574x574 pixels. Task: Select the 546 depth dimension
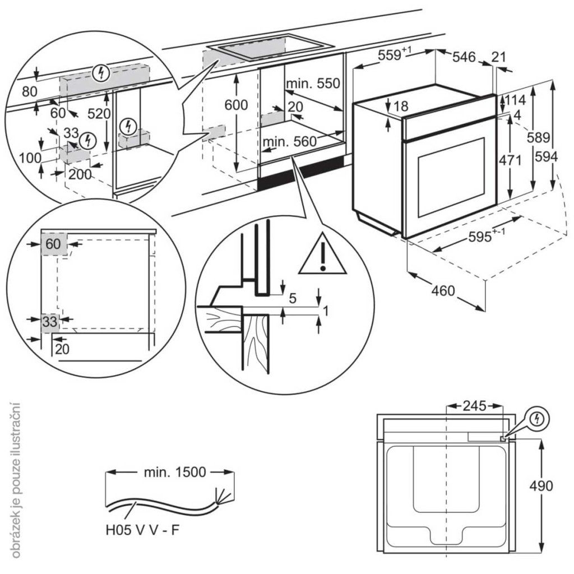point(464,57)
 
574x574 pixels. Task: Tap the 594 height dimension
point(546,158)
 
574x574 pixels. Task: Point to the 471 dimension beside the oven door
point(511,161)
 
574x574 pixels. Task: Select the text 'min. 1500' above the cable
point(166,472)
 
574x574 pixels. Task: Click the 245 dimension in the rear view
point(470,405)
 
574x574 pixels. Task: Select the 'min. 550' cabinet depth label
point(313,84)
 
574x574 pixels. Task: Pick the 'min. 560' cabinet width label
point(290,142)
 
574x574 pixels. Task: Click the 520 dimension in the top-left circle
point(99,113)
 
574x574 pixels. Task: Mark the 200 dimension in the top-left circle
point(80,174)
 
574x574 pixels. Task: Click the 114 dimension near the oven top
point(516,100)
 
